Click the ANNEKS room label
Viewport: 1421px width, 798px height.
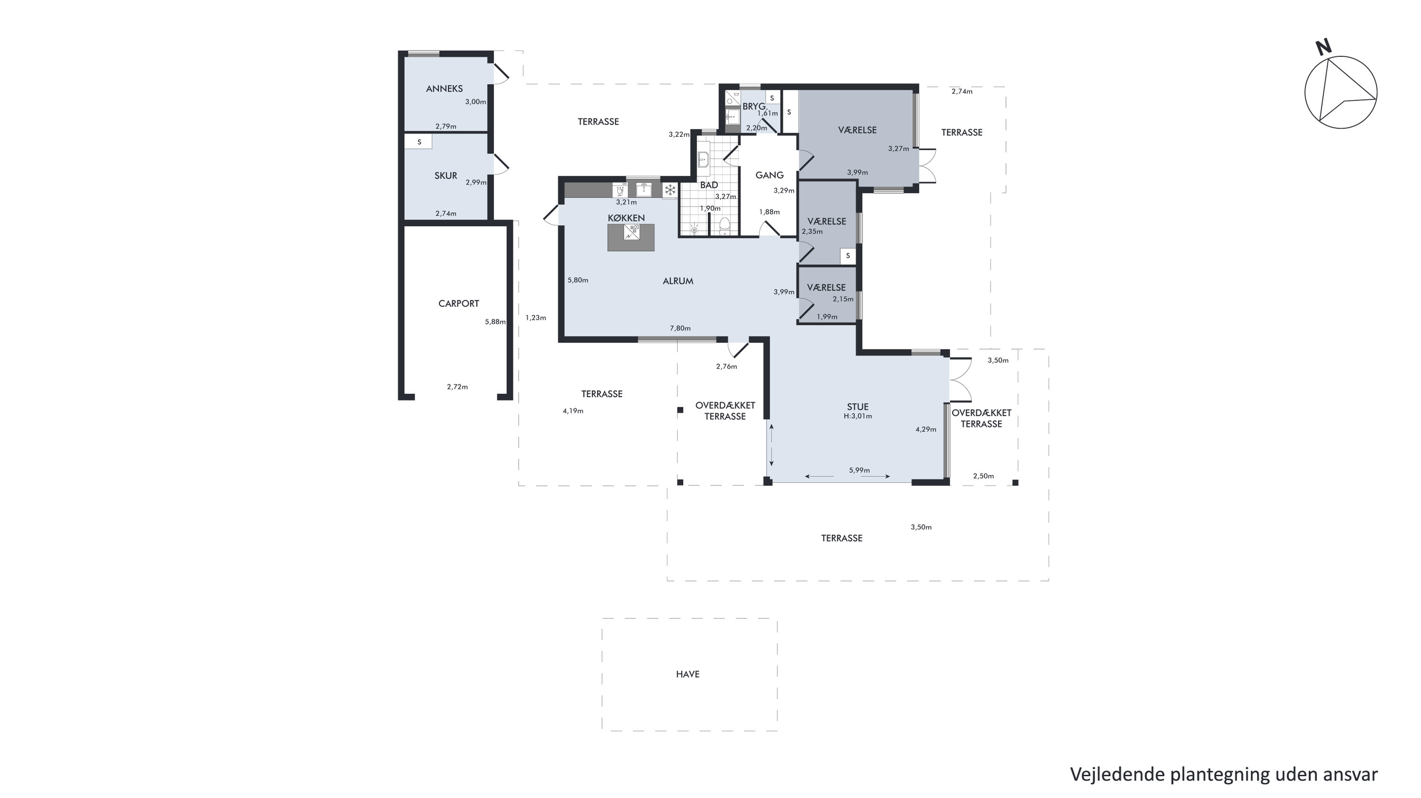(444, 89)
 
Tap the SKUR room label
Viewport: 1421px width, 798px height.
(446, 176)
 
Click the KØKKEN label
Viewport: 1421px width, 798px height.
(626, 218)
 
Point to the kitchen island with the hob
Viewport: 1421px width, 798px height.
(631, 238)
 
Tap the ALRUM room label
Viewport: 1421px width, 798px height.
(678, 281)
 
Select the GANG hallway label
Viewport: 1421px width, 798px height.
(769, 175)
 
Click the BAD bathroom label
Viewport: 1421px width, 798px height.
(709, 185)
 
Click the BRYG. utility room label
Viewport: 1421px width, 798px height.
(754, 107)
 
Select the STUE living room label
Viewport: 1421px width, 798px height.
(858, 407)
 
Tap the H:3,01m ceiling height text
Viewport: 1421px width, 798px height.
(858, 417)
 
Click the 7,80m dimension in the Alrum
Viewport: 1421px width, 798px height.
(680, 329)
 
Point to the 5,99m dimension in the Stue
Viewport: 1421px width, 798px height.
(860, 470)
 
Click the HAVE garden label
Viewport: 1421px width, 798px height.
(688, 674)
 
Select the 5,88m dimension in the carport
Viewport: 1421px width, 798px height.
(495, 322)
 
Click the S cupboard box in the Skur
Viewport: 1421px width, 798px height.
(419, 142)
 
